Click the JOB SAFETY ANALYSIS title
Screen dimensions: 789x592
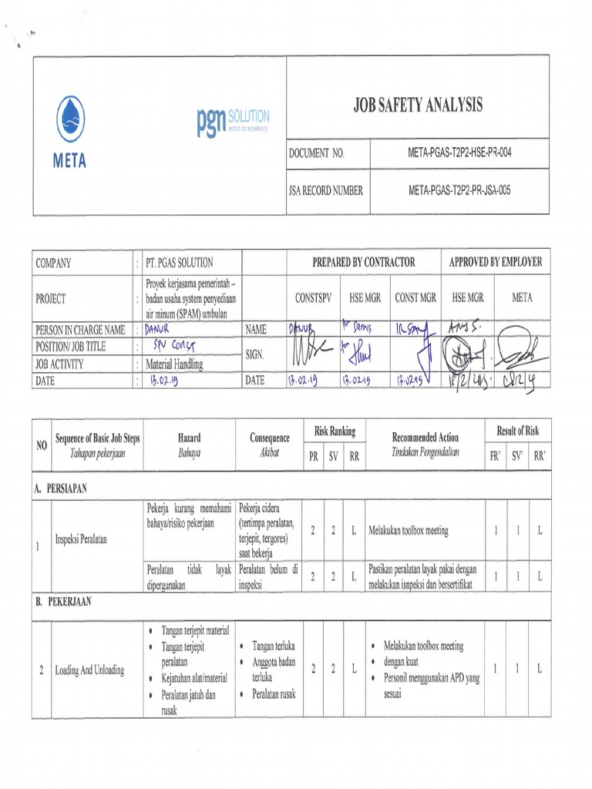(x=418, y=106)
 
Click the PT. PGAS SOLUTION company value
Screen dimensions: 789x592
(x=179, y=262)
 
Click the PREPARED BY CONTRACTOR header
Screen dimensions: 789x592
(x=363, y=262)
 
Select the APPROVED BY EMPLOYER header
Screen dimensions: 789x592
(x=495, y=262)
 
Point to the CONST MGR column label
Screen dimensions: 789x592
(x=415, y=297)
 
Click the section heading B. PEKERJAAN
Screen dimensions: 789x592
(x=63, y=603)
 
